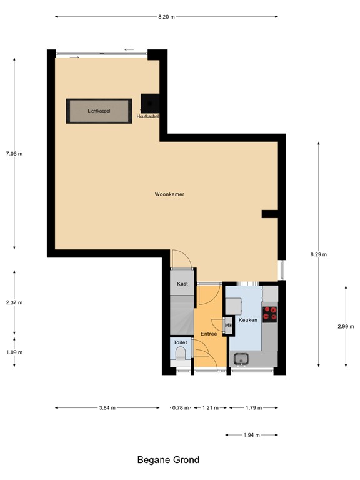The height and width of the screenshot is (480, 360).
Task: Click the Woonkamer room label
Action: pos(169,194)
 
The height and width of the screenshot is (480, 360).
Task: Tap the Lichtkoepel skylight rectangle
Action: pos(99,111)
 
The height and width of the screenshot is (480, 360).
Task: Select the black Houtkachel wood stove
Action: pos(151,104)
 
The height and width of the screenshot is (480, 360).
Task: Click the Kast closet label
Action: pos(182,284)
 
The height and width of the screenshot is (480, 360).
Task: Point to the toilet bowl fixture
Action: pos(181,357)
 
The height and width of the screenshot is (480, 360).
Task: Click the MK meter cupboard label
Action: pos(228,326)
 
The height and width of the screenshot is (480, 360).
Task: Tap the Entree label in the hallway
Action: pos(209,334)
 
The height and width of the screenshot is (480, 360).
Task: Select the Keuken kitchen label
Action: pos(248,319)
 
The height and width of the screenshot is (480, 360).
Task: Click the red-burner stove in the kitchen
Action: pos(270,313)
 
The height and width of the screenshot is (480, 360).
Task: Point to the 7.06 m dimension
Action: pos(14,153)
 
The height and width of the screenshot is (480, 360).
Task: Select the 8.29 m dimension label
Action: pos(319,254)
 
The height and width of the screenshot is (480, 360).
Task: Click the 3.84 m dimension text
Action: pos(107,407)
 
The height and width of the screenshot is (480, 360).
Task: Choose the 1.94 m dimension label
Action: pos(252,435)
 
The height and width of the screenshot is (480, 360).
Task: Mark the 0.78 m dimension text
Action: pos(181,407)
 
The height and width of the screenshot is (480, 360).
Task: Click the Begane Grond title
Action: pos(168,460)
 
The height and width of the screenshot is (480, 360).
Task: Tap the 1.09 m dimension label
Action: pos(14,352)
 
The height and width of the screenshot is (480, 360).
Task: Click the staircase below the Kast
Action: pos(182,312)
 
